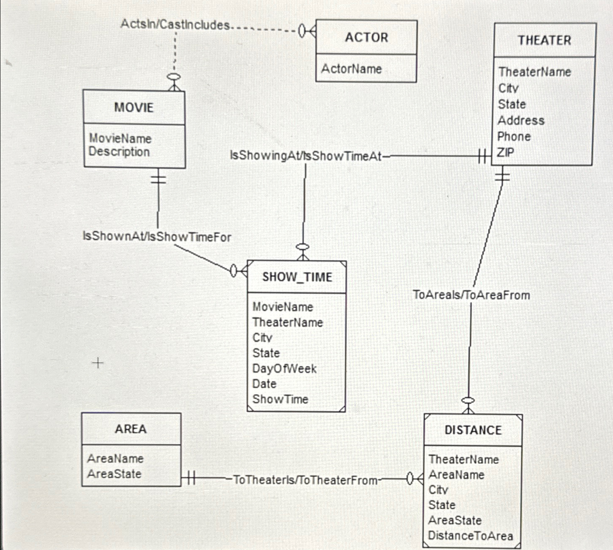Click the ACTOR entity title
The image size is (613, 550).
click(366, 37)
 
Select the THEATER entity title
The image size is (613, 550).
click(544, 40)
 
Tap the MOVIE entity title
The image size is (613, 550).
click(134, 108)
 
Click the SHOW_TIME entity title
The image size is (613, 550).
click(297, 277)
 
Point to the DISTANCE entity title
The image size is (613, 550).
click(473, 430)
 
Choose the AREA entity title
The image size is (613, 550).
click(131, 429)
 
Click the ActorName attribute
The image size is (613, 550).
click(352, 69)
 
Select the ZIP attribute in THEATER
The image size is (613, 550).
click(505, 152)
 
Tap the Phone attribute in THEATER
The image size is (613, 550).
click(514, 137)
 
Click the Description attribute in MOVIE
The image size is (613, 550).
click(119, 152)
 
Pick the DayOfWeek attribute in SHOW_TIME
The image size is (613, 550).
click(284, 368)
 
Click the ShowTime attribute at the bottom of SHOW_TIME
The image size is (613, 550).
click(280, 399)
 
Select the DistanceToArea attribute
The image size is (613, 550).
click(470, 536)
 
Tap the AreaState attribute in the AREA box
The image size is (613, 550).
click(114, 474)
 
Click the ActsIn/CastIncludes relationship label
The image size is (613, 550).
click(175, 24)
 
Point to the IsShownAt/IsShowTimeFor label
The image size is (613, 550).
click(157, 237)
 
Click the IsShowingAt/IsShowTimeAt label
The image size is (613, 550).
click(306, 156)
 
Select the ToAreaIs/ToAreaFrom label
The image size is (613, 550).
click(471, 295)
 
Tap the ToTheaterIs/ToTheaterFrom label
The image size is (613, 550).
click(305, 480)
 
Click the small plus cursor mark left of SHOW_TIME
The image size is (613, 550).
click(98, 363)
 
